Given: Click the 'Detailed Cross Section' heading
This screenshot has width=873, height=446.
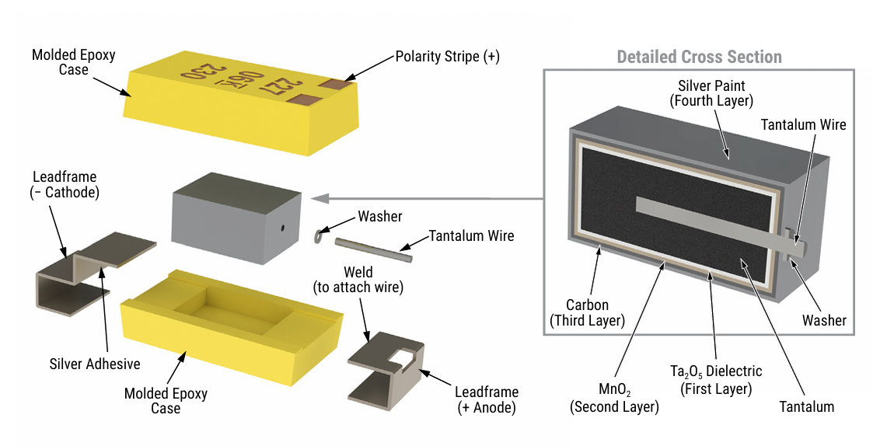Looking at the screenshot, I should click(699, 57).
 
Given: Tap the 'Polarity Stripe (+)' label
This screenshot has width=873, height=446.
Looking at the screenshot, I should click(447, 57).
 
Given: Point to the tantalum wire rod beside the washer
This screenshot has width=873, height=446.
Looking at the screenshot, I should click(373, 249).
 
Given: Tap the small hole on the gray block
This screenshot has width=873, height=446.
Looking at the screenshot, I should click(284, 228).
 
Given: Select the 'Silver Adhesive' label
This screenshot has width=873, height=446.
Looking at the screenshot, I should click(95, 364).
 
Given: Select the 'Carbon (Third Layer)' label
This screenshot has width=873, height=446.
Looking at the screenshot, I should click(587, 312).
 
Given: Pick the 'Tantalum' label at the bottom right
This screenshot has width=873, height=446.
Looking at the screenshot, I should click(806, 406).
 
